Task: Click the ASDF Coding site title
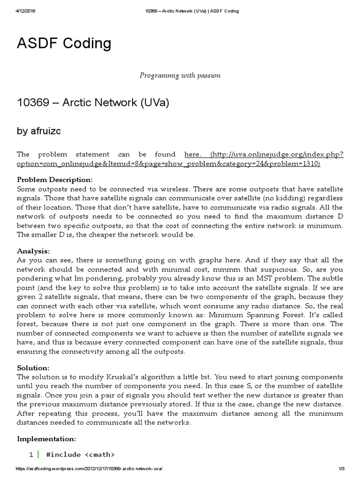(x=64, y=44)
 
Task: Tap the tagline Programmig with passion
(x=180, y=75)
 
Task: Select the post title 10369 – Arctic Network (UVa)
(x=93, y=102)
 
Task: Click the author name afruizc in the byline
(x=39, y=131)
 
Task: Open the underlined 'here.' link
(x=193, y=154)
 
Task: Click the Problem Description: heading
(x=55, y=180)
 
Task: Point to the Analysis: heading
(x=33, y=251)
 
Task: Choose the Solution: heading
(x=33, y=368)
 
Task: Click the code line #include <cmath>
(x=80, y=454)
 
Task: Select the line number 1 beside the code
(x=31, y=454)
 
